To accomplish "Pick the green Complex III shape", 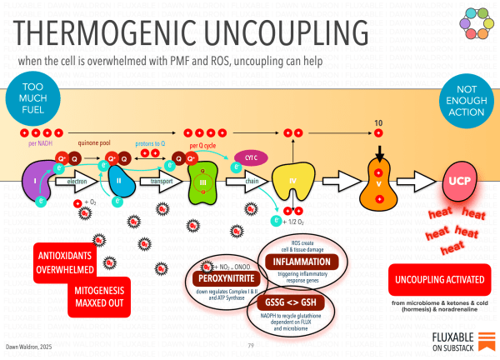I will pos(205,181).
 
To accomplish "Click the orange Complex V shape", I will pos(378,187).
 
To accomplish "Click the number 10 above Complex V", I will pos(378,123).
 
